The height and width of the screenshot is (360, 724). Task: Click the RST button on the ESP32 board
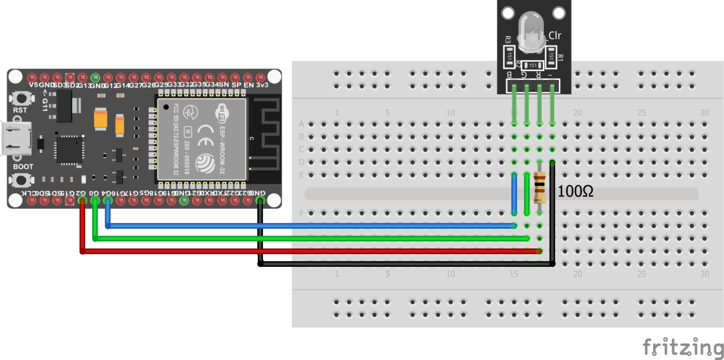pos(21,98)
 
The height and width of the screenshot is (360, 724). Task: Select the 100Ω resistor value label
pos(575,192)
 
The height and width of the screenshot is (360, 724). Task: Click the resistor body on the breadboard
pos(540,189)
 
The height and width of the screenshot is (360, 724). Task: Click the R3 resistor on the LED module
pos(509,57)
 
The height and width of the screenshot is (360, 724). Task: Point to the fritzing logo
pos(682,346)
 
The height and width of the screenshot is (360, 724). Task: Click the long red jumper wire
pos(309,251)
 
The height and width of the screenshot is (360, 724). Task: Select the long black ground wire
pos(405,263)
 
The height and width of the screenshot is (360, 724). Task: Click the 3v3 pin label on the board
pos(261,85)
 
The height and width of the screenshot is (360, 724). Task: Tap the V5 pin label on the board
pos(33,85)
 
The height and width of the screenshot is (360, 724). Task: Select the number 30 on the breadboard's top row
pos(704,113)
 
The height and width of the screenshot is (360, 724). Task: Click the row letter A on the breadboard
pos(301,124)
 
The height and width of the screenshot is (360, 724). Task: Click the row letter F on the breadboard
pos(301,213)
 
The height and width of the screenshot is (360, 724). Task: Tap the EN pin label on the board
pos(249,85)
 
